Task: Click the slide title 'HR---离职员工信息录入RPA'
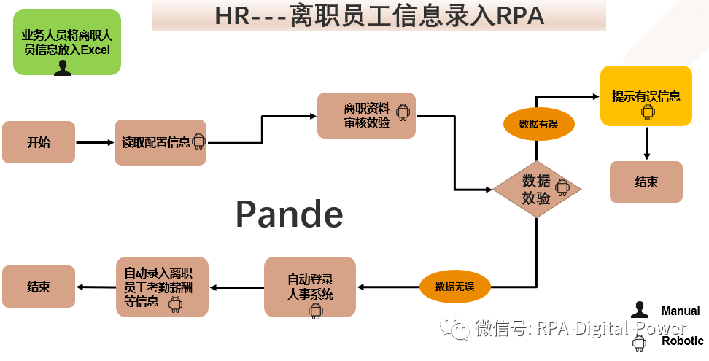(x=379, y=15)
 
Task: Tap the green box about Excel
(x=66, y=42)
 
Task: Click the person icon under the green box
(x=63, y=69)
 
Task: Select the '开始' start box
(x=39, y=142)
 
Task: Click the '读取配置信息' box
(x=160, y=142)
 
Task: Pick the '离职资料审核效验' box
(x=366, y=115)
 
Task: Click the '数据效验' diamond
(x=537, y=189)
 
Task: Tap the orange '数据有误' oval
(x=538, y=124)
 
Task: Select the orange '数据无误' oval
(x=454, y=286)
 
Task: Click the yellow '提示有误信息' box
(x=646, y=96)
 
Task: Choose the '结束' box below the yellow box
(x=646, y=182)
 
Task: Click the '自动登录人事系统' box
(x=310, y=287)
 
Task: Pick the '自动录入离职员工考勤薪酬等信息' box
(x=162, y=286)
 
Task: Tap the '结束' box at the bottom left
(x=39, y=287)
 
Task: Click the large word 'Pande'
(x=289, y=214)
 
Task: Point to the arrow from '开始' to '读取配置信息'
(x=95, y=142)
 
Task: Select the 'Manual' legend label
(x=680, y=311)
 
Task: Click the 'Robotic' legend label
(x=682, y=341)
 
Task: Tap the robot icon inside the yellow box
(x=647, y=112)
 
